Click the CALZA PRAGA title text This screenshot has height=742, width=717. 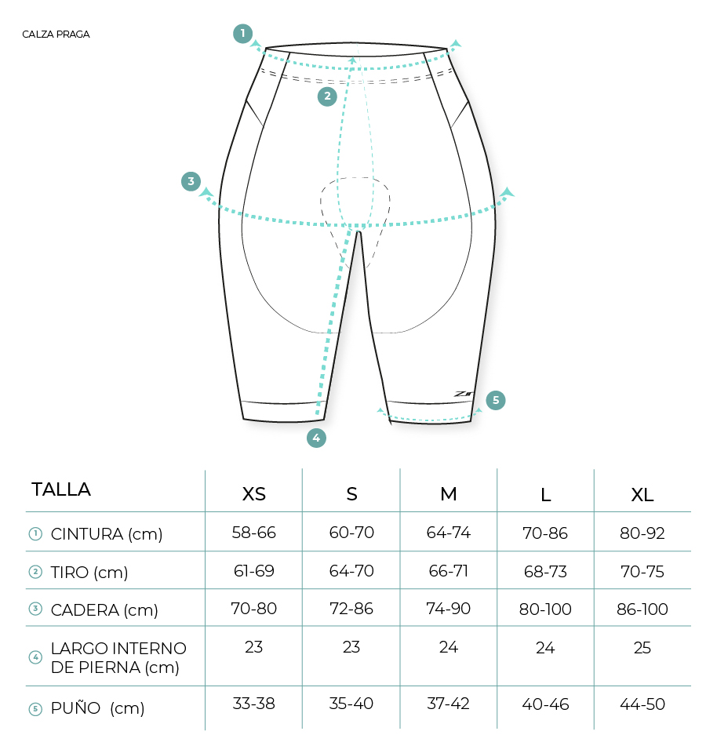tap(56, 34)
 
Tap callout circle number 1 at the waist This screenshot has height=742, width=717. tap(242, 34)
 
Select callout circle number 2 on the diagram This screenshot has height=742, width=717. tap(327, 96)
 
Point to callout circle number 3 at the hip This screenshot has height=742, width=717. tap(191, 181)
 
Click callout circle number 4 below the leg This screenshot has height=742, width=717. tap(316, 438)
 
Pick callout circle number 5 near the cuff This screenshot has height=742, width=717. tap(496, 400)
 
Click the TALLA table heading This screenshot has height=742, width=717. tap(61, 489)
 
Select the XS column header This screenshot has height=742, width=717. tap(253, 494)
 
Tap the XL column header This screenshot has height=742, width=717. tap(642, 495)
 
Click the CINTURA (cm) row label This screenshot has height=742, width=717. tap(107, 534)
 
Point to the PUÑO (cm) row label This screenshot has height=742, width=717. tap(97, 708)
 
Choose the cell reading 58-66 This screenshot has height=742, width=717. tap(253, 533)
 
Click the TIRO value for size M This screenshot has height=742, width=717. tap(448, 571)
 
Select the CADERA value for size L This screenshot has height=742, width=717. tap(545, 609)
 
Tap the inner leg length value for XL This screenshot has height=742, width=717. tap(642, 647)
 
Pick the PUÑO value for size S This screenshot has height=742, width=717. tap(351, 704)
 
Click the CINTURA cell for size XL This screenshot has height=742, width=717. tap(642, 533)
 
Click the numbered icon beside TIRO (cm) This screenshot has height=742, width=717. tap(35, 572)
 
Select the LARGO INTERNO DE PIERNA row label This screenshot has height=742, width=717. tap(118, 658)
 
